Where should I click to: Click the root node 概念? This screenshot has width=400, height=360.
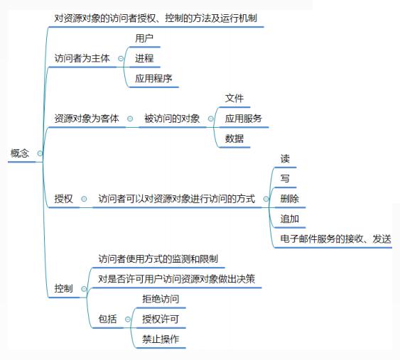point(20,153)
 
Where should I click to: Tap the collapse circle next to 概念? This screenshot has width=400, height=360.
point(40,153)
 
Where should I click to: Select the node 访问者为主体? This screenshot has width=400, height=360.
point(82,58)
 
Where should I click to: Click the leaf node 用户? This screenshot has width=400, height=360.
point(144,38)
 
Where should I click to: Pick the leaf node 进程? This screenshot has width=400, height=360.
point(144,58)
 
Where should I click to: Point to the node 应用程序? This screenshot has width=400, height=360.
point(153,78)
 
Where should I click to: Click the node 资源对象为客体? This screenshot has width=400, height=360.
point(87,119)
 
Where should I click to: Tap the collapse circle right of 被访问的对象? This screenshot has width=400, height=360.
point(211,119)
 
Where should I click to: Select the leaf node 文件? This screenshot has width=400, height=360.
point(234,98)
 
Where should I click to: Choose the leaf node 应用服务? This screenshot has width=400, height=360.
point(244,119)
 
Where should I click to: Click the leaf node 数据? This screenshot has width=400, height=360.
point(234,138)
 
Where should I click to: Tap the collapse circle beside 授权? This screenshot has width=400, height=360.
point(84,199)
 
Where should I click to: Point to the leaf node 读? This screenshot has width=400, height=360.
point(285,158)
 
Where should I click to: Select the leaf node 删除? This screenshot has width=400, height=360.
point(290,199)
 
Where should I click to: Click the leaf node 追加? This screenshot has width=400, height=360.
point(290,219)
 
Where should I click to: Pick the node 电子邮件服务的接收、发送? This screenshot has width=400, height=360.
point(336,239)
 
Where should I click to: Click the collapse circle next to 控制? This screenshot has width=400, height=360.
point(84,289)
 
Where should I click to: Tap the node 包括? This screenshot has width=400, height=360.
point(107,319)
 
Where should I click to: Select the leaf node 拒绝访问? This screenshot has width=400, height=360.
point(161,299)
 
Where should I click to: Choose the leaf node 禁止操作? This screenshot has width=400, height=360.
point(161,339)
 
